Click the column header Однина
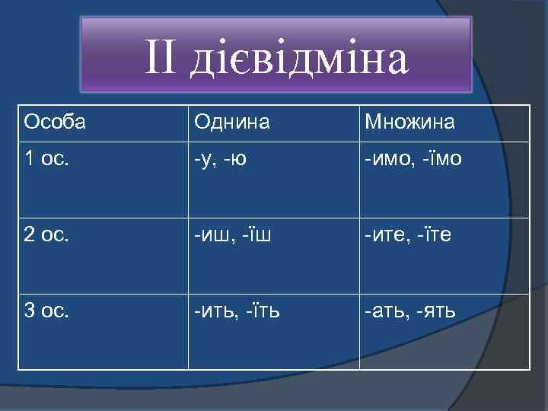tap(231, 122)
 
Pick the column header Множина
tap(409, 122)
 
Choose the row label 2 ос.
tap(46, 236)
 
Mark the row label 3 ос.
tap(46, 311)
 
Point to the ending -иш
tap(211, 236)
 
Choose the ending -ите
tap(385, 236)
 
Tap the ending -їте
tap(433, 236)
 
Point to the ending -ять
tap(437, 311)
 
